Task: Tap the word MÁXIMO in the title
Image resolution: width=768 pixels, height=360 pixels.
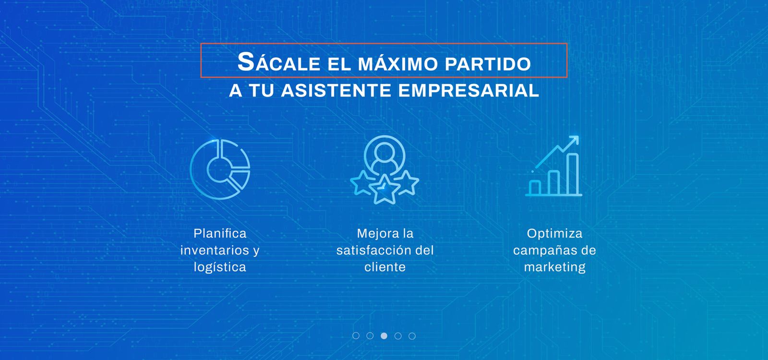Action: coord(398,64)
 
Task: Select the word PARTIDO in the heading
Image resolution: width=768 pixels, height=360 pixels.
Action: coord(488,64)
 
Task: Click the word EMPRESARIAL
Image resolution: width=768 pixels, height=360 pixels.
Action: coord(468,91)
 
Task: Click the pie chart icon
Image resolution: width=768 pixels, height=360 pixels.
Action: coord(220,169)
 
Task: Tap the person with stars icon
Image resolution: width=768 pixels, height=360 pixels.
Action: coord(384,170)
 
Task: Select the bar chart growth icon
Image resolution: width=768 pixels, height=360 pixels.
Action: coord(554,166)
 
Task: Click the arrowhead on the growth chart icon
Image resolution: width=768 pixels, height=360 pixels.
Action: coord(574,140)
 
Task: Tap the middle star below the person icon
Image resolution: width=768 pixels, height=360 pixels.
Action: coord(384,189)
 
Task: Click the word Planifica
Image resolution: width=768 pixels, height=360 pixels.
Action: coord(220,233)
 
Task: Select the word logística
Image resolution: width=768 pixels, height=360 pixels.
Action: coord(220,267)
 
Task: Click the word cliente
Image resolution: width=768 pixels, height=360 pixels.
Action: coord(385,267)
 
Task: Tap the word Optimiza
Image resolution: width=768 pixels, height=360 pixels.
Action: coord(555,234)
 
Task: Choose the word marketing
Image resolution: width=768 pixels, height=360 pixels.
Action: coord(555,267)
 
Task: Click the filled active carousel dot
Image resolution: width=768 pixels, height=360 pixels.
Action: coord(384,336)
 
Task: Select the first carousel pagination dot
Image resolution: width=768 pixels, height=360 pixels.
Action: coord(356,336)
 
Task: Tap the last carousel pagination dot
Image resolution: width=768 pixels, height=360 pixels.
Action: coord(412,336)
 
